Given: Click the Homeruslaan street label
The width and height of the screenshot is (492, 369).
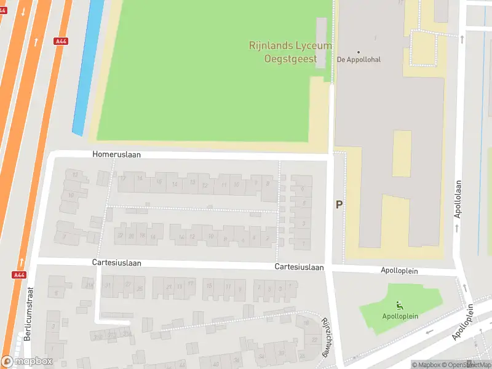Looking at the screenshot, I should tap(117, 155).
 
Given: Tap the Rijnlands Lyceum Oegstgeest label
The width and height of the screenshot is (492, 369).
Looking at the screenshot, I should tap(290, 52).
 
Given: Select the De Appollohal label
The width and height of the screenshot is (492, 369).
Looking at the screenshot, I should tap(359, 60).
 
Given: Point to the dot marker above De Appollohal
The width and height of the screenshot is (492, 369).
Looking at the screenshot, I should tap(359, 52).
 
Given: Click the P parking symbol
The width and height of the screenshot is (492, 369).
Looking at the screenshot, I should tap(338, 205).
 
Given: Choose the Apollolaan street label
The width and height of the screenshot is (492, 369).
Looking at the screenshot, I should tap(458, 199).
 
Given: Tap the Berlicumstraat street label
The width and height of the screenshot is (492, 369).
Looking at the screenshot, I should tap(28, 313).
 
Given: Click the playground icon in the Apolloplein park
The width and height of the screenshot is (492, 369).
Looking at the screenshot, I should tap(400, 306).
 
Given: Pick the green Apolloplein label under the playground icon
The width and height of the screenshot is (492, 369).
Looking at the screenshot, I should tap(400, 316).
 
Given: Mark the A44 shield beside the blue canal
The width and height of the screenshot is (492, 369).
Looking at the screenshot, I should tap(61, 41).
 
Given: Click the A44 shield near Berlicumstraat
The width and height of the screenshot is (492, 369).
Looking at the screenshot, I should tap(18, 275).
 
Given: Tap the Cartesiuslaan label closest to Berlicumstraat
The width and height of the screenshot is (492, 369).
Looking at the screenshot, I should tap(117, 263).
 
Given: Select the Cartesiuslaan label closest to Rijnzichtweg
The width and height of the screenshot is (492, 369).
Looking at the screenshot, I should tap(300, 267).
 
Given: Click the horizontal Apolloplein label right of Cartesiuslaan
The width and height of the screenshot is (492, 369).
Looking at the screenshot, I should tap(399, 270).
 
